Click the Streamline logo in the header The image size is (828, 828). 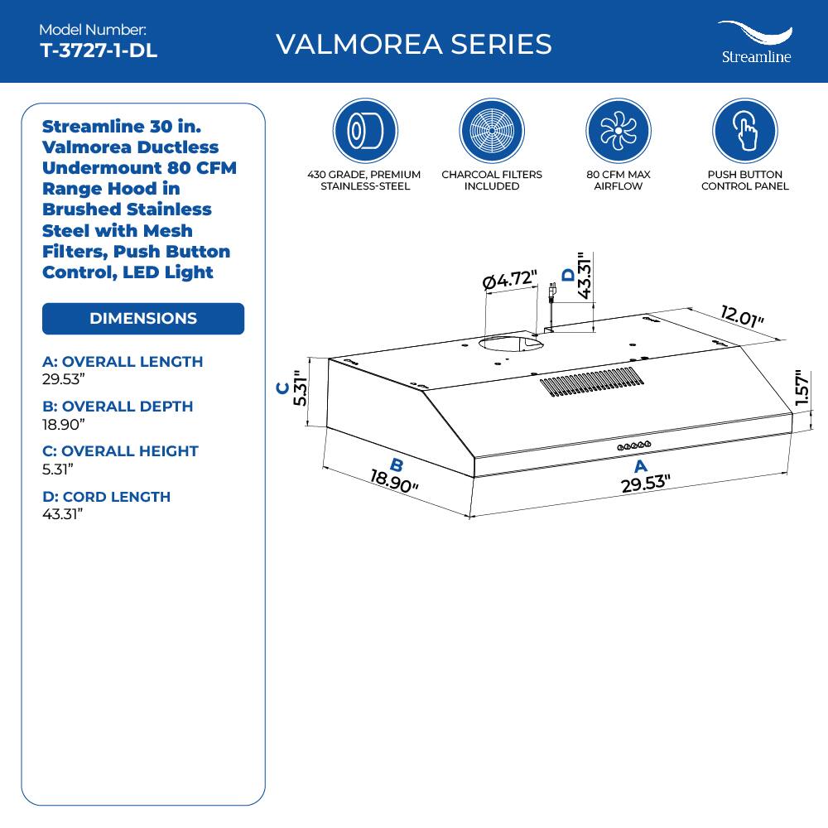tap(754, 41)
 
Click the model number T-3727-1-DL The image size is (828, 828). tap(99, 51)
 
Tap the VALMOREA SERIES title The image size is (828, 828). tap(413, 43)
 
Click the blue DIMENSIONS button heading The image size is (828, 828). tap(143, 319)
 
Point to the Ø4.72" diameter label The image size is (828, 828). tap(510, 280)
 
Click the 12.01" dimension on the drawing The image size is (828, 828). tap(742, 317)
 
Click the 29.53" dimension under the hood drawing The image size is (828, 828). tap(646, 484)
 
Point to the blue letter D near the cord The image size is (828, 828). tap(568, 275)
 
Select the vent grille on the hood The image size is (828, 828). tap(591, 381)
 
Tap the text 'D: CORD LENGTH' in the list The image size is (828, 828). tap(106, 497)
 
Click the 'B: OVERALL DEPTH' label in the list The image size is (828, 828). tap(118, 407)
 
